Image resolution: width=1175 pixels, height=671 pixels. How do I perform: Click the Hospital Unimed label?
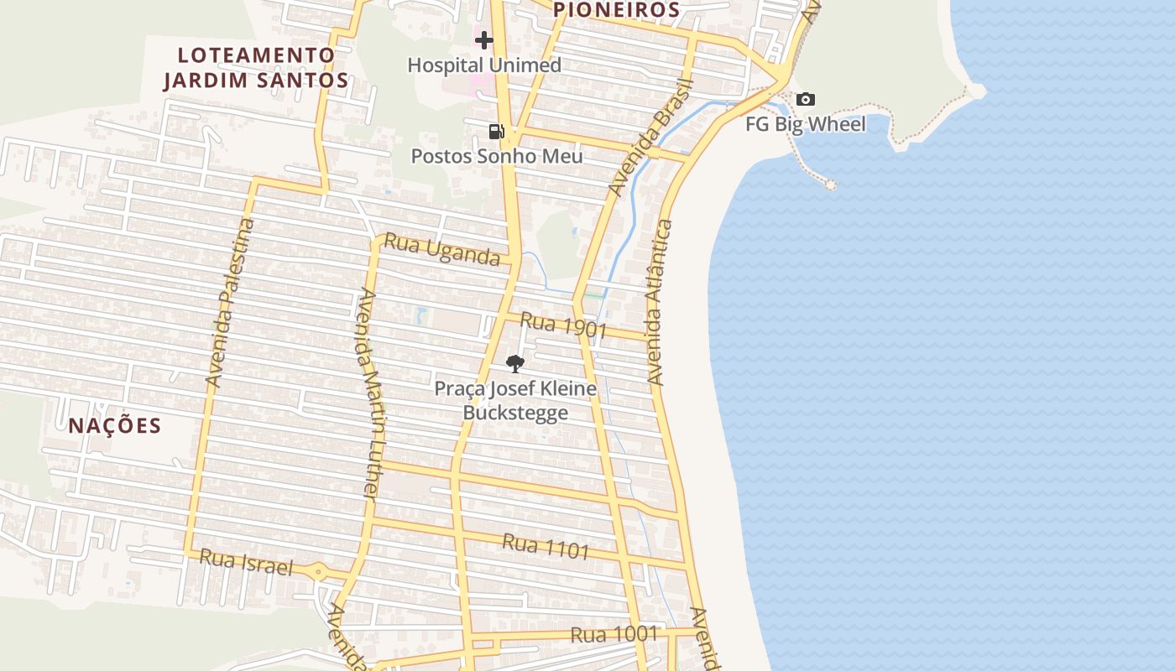click(484, 65)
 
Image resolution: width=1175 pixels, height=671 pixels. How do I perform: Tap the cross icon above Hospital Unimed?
click(484, 39)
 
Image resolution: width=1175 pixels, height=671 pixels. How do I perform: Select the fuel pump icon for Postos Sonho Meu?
click(496, 131)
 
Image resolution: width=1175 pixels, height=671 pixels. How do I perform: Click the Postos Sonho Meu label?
click(496, 157)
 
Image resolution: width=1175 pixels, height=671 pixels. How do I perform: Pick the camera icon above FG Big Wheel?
click(805, 100)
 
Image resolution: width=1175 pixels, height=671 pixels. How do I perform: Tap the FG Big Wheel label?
click(806, 125)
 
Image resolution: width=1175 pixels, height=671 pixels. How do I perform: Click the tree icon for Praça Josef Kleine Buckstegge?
click(515, 363)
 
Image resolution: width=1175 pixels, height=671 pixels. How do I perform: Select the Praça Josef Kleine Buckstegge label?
click(515, 401)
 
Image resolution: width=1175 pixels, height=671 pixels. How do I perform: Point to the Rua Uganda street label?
click(441, 250)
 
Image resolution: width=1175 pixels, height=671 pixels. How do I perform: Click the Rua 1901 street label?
click(563, 325)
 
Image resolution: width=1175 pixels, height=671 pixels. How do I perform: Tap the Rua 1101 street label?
click(546, 547)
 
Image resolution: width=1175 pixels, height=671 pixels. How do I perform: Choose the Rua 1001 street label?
click(614, 635)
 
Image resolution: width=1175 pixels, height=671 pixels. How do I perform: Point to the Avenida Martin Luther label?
click(370, 394)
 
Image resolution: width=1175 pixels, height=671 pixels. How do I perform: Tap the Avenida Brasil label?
click(651, 138)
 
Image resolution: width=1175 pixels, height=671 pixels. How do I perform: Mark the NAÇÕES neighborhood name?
click(115, 425)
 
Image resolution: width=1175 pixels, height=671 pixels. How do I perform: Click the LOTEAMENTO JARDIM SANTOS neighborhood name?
click(256, 68)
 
